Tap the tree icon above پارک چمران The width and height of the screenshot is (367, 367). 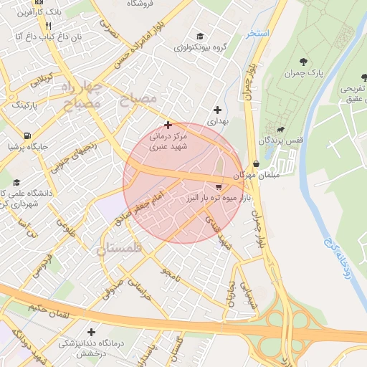coord(304,61)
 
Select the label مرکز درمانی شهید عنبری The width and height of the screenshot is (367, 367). coord(167,140)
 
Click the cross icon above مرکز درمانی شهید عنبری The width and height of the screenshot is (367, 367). coord(168,125)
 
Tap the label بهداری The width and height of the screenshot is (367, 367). coord(217,122)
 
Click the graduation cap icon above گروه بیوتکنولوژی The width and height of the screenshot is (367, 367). coord(199,36)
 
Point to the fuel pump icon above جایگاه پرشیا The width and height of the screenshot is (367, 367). coord(27,135)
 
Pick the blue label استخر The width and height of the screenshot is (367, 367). coord(257,34)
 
